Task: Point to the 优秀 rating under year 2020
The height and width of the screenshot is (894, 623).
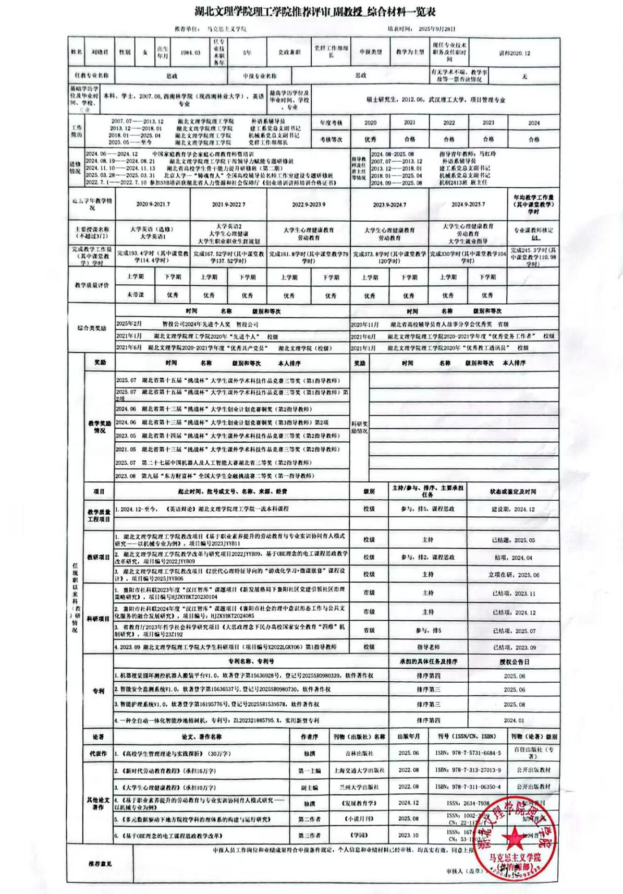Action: pyautogui.click(x=370, y=139)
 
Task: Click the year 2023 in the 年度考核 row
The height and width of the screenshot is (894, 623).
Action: pyautogui.click(x=488, y=123)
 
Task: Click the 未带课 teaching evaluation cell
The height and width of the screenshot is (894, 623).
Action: pyautogui.click(x=135, y=295)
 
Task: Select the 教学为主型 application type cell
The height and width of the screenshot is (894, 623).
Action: pyautogui.click(x=410, y=52)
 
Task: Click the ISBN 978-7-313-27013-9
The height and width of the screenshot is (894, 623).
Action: pyautogui.click(x=468, y=770)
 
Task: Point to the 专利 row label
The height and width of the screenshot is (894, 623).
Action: pyautogui.click(x=99, y=691)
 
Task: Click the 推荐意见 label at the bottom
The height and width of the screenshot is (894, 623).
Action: pyautogui.click(x=100, y=864)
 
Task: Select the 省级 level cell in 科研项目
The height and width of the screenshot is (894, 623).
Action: pyautogui.click(x=369, y=631)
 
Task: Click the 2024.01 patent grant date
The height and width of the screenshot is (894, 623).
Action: pyautogui.click(x=514, y=720)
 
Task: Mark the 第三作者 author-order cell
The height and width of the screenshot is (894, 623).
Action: pyautogui.click(x=309, y=835)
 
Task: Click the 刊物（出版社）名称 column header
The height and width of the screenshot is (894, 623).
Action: pyautogui.click(x=359, y=736)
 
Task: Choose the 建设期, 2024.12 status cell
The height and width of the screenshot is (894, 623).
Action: pyautogui.click(x=513, y=509)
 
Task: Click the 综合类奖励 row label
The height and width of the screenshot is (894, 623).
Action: pyautogui.click(x=92, y=328)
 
